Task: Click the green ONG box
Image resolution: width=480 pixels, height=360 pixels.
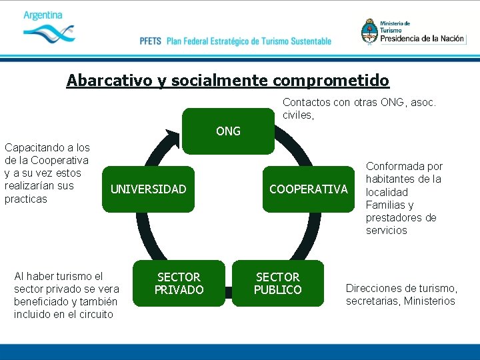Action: (228, 131)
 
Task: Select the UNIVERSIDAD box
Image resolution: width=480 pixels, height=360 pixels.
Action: (148, 189)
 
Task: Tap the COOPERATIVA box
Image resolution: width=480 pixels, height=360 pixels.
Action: (308, 189)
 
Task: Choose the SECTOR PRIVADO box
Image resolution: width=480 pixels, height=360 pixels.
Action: (179, 283)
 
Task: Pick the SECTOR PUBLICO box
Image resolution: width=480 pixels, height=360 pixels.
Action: (277, 283)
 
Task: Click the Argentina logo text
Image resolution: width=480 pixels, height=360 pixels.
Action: (43, 15)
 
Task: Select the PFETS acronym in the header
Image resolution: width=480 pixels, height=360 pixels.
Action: (151, 41)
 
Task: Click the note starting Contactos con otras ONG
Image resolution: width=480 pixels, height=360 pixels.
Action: (359, 109)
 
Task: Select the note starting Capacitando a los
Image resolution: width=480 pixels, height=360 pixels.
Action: (47, 173)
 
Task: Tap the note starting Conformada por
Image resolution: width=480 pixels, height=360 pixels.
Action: (403, 198)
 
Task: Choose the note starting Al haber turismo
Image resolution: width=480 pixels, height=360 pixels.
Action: (66, 295)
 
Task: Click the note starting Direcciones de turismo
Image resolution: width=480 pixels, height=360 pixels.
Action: (401, 294)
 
